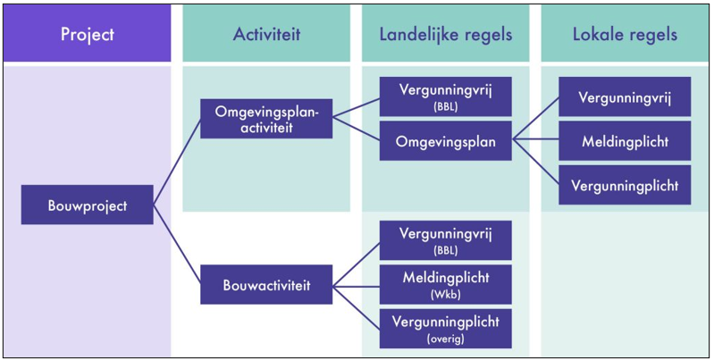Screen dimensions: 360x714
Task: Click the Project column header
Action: (87, 34)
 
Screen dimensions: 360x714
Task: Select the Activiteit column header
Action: (265, 34)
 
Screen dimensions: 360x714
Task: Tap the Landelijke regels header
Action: (445, 34)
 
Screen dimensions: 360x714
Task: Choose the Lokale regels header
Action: (625, 34)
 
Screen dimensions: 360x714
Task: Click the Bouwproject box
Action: (87, 205)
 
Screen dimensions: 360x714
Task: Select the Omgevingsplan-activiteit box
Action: (266, 120)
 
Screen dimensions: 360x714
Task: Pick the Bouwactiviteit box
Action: (266, 285)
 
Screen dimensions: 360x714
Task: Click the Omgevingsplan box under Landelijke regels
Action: (445, 140)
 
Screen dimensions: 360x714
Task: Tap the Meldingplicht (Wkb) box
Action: (445, 283)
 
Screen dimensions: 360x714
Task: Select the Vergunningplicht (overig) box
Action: (445, 327)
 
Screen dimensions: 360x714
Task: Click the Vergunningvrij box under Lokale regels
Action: (625, 96)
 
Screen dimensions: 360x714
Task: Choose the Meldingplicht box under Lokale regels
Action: (625, 141)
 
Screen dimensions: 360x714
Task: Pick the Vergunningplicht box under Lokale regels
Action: (625, 185)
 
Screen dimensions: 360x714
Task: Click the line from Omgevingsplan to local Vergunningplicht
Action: (536, 163)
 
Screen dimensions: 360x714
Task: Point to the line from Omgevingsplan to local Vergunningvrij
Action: (536, 118)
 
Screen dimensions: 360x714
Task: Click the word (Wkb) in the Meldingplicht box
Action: (445, 293)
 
